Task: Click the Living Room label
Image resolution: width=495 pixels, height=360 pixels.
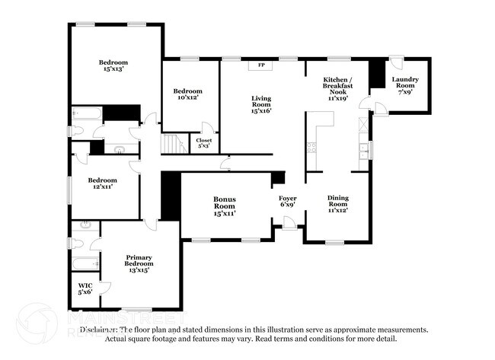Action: (261, 104)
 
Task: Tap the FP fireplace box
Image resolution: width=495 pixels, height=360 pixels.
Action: (261, 65)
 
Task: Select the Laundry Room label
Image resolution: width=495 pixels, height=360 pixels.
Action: (404, 86)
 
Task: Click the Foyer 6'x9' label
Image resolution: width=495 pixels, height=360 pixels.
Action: (287, 202)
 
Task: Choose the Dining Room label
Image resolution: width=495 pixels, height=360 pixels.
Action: (337, 203)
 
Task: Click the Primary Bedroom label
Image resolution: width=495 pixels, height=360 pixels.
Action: (138, 263)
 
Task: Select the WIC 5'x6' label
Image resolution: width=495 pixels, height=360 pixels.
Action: (85, 290)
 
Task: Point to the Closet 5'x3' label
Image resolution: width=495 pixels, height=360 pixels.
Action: (204, 143)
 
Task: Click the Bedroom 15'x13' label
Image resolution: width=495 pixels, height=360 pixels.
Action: (113, 65)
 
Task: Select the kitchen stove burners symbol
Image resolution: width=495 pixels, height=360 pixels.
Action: (311, 148)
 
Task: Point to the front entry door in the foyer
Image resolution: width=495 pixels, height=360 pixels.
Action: (289, 223)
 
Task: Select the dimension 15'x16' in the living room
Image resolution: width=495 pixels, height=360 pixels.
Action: (261, 111)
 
